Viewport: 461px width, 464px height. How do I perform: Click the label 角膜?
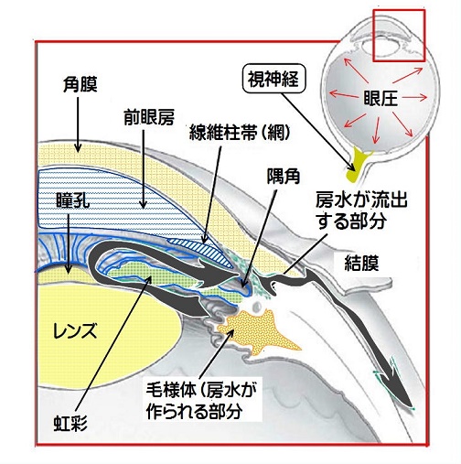click(80, 84)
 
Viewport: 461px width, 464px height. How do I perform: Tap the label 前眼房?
click(149, 117)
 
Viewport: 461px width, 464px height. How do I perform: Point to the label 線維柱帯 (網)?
click(240, 133)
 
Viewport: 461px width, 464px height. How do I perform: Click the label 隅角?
click(284, 177)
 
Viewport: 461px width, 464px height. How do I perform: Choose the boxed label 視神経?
click(273, 79)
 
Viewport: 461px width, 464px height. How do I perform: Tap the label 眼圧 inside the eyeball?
click(381, 98)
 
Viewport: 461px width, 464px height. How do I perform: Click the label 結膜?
click(361, 263)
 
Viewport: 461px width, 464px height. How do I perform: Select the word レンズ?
click(75, 330)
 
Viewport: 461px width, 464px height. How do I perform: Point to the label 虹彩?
click(70, 424)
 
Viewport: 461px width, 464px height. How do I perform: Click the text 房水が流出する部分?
click(361, 210)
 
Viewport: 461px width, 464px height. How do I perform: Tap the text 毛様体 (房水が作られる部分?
click(201, 401)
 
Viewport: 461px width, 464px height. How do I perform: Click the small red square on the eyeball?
click(399, 36)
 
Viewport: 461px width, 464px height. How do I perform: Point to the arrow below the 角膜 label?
click(78, 124)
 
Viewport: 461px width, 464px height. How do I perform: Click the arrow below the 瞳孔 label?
click(69, 243)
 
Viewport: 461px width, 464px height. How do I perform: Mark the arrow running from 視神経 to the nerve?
click(318, 132)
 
